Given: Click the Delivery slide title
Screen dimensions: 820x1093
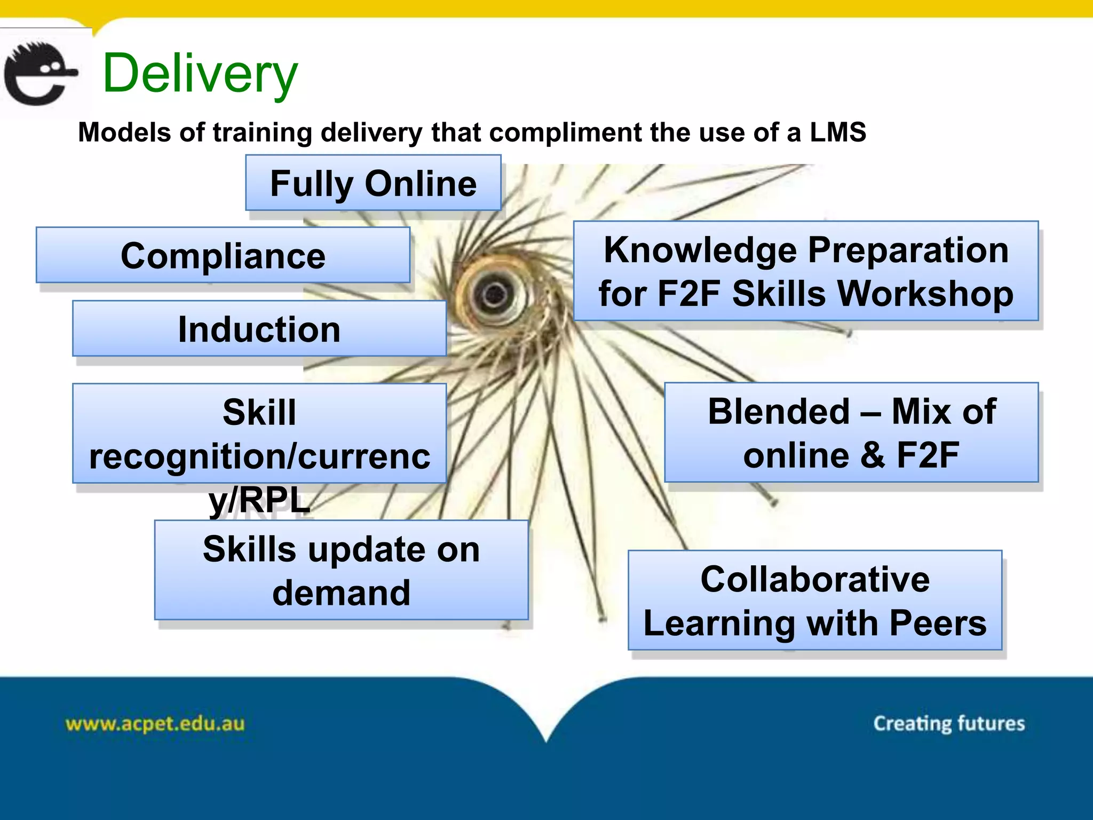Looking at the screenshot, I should [x=200, y=74].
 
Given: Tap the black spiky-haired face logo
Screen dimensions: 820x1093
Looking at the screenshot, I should [x=40, y=74].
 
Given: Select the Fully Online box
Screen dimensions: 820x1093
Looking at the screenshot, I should [x=373, y=183].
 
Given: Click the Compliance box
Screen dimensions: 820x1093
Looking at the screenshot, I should [x=223, y=256].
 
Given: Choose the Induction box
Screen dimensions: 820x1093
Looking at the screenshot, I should [x=259, y=329].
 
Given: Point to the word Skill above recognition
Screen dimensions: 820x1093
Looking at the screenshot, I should [x=259, y=412].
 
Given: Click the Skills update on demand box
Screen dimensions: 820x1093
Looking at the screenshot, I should [x=342, y=570].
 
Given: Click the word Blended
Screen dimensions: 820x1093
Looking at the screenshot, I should [x=779, y=412].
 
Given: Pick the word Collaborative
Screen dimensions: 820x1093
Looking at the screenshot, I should [x=815, y=579].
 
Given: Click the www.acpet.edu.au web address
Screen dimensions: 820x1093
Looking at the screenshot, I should [x=155, y=724].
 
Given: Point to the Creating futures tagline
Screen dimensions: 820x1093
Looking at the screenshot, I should [x=949, y=723].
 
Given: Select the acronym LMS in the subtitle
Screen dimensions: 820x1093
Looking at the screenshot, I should [x=837, y=132].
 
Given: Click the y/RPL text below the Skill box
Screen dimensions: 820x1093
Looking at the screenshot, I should [x=259, y=501].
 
